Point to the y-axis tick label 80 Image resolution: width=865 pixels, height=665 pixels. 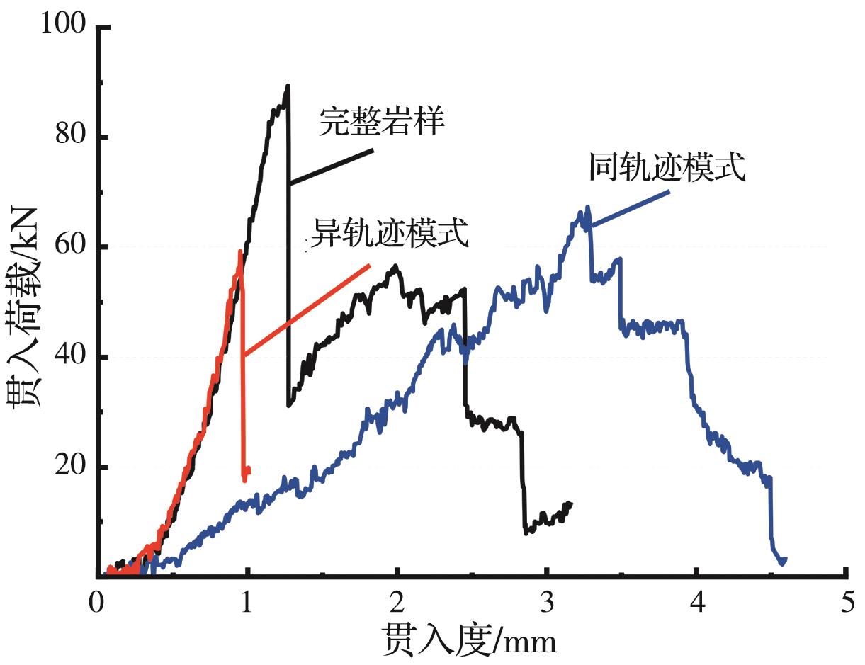(72, 136)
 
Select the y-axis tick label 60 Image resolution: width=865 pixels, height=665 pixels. (72, 246)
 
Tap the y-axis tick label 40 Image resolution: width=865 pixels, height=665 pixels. (72, 357)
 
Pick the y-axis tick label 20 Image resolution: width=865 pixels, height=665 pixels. (72, 467)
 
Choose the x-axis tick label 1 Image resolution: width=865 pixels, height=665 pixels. (247, 606)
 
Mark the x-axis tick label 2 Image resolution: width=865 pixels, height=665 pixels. (397, 606)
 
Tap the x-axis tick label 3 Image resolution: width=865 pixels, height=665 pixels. (548, 606)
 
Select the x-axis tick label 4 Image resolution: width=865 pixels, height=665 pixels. (699, 606)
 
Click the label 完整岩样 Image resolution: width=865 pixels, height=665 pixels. (382, 122)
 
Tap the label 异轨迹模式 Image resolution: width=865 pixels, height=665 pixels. (391, 233)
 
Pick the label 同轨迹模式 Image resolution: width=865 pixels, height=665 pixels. (667, 168)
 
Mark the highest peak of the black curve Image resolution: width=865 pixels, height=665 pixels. (288, 86)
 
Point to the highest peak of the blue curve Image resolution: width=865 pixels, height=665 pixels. (587, 207)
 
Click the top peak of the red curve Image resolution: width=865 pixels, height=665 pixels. (240, 251)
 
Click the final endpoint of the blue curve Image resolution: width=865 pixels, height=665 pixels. (784, 559)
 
